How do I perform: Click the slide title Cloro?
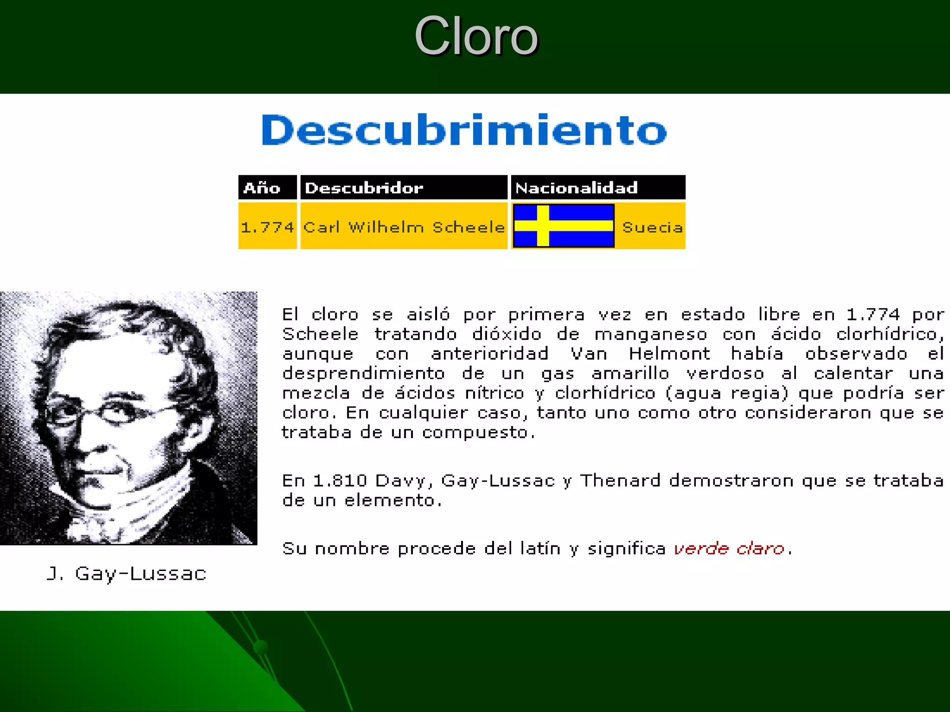point(476,36)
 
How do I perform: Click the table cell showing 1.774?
point(268,227)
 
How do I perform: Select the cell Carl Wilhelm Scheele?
point(404,227)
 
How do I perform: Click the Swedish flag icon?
point(564,226)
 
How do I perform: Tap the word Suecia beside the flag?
point(652,227)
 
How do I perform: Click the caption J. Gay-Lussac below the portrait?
point(127,574)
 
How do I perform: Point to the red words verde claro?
point(729,549)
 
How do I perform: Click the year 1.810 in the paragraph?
point(340,481)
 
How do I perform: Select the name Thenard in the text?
point(620,481)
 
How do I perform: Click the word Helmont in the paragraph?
point(669,354)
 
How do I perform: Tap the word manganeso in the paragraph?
point(651,334)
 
